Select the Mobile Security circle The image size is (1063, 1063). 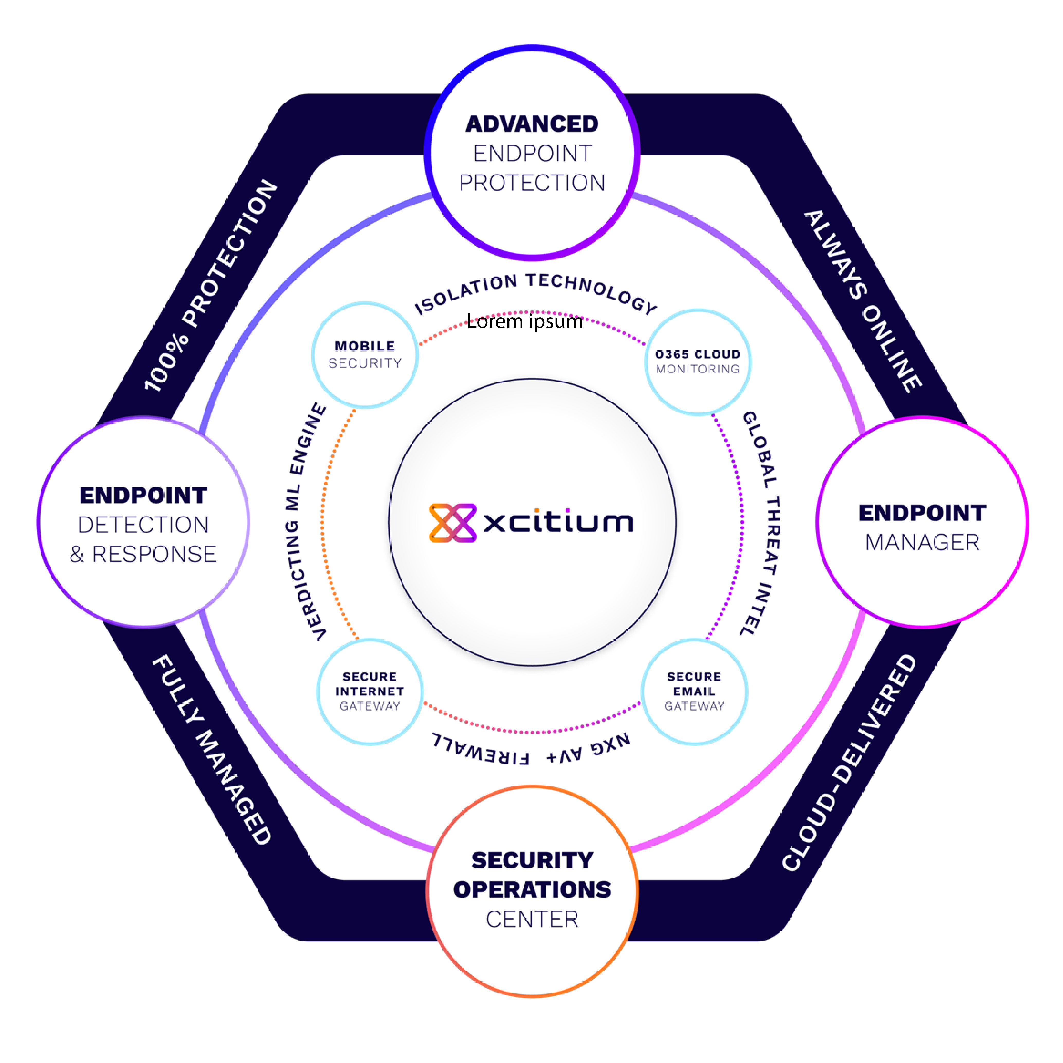[365, 355]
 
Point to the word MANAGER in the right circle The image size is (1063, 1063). [922, 543]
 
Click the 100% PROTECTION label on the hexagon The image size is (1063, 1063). [211, 285]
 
